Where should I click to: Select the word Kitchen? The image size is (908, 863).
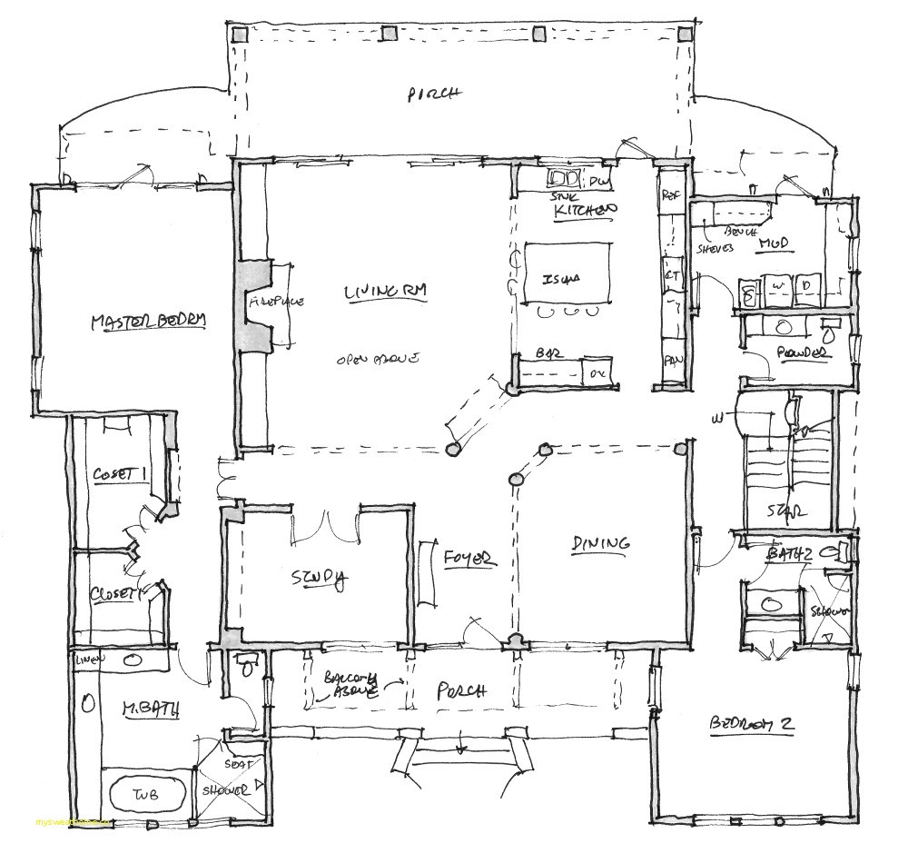[x=586, y=211]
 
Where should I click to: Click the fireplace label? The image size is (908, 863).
[x=276, y=302]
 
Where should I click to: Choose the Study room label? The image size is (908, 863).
[x=318, y=579]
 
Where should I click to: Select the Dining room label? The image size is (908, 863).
[x=600, y=543]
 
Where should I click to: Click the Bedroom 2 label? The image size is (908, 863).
[x=752, y=724]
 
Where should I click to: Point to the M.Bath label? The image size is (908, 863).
[x=144, y=705]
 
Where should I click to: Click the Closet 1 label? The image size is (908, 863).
[x=119, y=474]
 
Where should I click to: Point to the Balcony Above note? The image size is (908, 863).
[x=350, y=687]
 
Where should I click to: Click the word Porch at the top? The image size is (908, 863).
[x=435, y=93]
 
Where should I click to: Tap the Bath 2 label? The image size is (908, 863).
[x=788, y=553]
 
